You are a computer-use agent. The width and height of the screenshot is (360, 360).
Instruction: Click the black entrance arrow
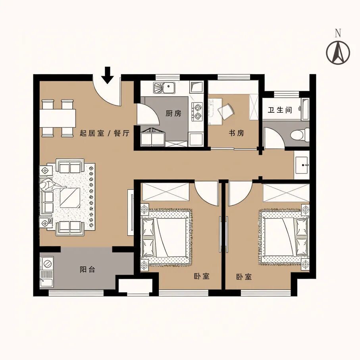(x=108, y=75)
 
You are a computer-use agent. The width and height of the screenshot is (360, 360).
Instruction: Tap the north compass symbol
(x=338, y=52)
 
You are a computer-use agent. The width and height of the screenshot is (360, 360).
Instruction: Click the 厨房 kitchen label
(x=173, y=114)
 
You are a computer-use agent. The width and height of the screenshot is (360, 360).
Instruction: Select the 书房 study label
(x=236, y=133)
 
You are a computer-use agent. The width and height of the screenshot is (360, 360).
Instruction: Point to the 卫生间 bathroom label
(x=280, y=110)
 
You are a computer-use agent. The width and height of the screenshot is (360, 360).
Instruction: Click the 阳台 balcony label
(x=87, y=270)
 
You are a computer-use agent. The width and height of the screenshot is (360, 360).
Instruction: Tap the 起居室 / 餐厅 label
(x=105, y=133)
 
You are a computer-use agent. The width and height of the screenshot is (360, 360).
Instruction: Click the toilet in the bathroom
(x=299, y=135)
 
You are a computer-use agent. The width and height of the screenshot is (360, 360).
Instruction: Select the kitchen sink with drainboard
(x=164, y=87)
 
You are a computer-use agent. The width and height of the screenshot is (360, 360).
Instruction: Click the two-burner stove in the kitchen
(x=197, y=112)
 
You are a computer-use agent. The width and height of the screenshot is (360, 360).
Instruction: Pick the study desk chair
(x=226, y=111)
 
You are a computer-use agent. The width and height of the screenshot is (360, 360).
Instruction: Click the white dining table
(x=58, y=118)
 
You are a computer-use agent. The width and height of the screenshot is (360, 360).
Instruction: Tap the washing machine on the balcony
(x=47, y=263)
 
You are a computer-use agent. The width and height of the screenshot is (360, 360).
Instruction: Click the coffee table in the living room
(x=70, y=198)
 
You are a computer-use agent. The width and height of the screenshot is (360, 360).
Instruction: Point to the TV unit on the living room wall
(x=131, y=212)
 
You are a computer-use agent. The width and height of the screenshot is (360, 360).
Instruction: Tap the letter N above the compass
(x=338, y=33)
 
